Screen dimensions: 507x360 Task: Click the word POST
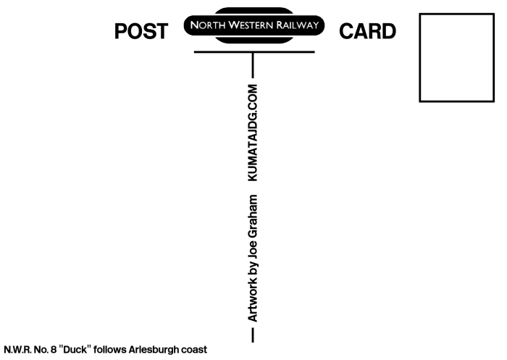point(141,31)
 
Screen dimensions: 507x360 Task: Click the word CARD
point(368,31)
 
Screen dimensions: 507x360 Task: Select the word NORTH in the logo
point(208,25)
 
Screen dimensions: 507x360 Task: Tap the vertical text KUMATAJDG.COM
point(253,133)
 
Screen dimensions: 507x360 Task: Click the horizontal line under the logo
point(254,51)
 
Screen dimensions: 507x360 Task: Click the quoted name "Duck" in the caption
point(75,350)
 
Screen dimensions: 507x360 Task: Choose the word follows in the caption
point(109,350)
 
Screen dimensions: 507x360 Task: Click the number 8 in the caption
point(54,350)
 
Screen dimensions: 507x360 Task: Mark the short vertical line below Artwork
point(253,335)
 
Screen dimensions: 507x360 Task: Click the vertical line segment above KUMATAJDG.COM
point(253,65)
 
